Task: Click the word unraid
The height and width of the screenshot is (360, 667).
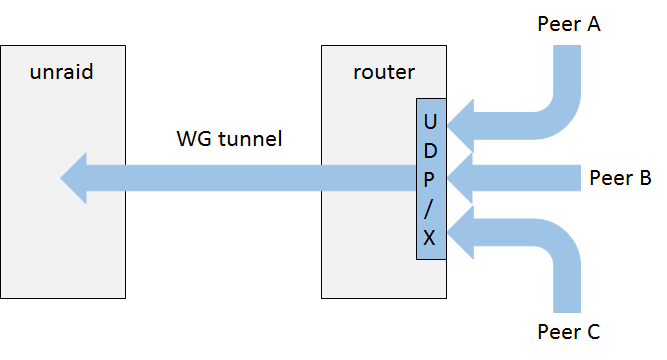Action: pos(62,72)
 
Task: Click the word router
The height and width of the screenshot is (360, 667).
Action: pos(384,72)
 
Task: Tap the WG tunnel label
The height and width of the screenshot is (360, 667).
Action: pos(229,139)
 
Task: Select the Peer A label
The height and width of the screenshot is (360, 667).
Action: pos(569,24)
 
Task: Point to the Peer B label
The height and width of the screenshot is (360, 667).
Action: pos(620,178)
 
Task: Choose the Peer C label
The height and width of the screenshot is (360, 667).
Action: pos(569,332)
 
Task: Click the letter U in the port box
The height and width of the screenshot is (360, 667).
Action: pos(430,122)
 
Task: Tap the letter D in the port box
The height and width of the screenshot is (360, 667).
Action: pos(430,151)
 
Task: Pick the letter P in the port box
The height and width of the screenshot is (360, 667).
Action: pos(430,180)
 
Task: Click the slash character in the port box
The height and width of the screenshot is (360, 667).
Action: pos(429,209)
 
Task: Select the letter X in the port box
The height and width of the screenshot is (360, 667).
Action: pos(430,237)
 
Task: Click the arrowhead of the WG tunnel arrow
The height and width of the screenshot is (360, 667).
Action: pos(74,178)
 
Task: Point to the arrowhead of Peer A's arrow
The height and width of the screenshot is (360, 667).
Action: pos(461,126)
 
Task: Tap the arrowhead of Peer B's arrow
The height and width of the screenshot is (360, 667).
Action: pos(460,178)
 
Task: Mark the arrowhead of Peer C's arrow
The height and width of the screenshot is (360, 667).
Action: pos(461,232)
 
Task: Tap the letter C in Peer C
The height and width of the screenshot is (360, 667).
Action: pos(593,332)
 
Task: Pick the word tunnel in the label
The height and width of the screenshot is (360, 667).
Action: pos(250,139)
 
